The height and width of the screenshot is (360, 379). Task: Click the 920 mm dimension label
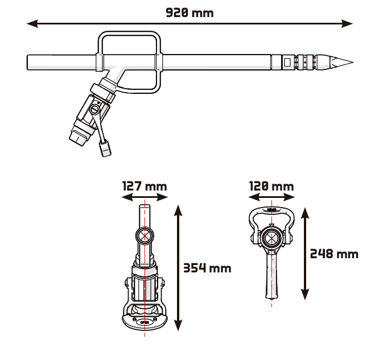tap(189, 13)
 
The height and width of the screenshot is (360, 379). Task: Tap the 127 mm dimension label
tap(145, 187)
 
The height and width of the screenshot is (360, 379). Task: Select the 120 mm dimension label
tap(271, 187)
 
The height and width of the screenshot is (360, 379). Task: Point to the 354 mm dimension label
tap(207, 268)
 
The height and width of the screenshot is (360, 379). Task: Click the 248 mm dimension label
tap(334, 254)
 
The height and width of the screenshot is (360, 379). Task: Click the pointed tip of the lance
tap(352, 63)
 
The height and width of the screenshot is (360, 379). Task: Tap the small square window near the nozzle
tap(287, 62)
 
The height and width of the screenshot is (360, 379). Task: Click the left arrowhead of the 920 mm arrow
tap(32, 24)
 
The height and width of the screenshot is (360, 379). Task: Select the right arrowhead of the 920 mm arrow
tap(347, 24)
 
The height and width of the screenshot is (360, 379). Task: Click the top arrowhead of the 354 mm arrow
tap(178, 210)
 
